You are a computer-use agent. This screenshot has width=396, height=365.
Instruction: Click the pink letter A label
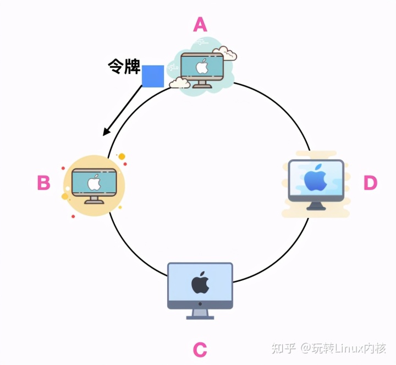tap(200, 24)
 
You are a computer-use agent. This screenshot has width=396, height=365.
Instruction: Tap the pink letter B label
tap(43, 183)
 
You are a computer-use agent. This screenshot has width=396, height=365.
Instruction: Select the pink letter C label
tap(200, 349)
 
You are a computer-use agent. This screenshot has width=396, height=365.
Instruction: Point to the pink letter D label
tap(371, 183)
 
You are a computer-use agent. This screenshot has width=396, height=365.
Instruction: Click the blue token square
tap(153, 76)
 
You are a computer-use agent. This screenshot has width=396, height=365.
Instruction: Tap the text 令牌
tap(123, 68)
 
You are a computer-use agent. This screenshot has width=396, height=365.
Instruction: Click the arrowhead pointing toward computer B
tap(106, 133)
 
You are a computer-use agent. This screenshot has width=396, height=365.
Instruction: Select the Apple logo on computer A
tap(202, 67)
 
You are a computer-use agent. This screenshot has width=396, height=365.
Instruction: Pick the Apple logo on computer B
tap(94, 182)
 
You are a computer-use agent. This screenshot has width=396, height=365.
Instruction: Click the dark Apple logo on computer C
tap(200, 282)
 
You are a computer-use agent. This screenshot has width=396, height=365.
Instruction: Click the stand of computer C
tap(200, 313)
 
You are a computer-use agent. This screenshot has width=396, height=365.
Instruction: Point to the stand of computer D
tap(316, 205)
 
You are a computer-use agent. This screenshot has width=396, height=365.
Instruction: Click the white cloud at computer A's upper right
tap(225, 53)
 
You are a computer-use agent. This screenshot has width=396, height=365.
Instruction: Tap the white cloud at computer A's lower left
tap(180, 83)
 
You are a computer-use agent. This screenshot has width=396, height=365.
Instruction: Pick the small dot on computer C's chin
tap(200, 304)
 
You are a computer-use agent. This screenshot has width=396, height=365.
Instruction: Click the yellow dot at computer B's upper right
tap(122, 156)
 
